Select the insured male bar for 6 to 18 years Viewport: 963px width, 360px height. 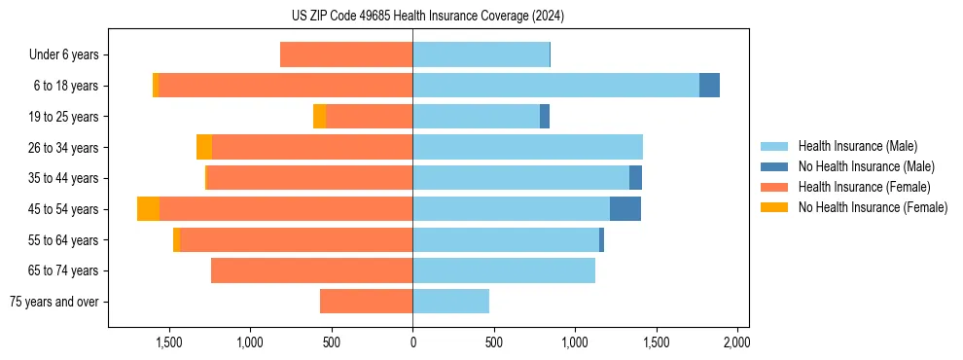pos(555,86)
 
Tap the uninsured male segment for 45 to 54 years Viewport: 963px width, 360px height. pos(624,209)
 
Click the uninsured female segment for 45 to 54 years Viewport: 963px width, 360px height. pos(148,209)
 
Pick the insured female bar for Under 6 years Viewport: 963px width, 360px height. pos(346,54)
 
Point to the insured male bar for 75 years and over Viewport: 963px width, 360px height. pos(450,302)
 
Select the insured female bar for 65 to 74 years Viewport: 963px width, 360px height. pos(311,270)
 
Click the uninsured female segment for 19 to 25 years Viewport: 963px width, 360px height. pos(319,117)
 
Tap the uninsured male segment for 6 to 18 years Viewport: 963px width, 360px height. pos(709,86)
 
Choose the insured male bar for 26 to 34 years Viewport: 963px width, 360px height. pos(527,147)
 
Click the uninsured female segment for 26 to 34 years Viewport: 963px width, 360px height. pos(204,147)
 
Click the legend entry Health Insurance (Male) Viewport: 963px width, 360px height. pos(857,146)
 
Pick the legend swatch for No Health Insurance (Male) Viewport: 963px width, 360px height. pos(774,166)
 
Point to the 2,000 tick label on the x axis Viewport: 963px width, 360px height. pos(736,342)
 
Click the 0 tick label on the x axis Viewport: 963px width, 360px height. pos(412,342)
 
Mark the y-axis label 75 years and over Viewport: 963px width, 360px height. pos(54,302)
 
